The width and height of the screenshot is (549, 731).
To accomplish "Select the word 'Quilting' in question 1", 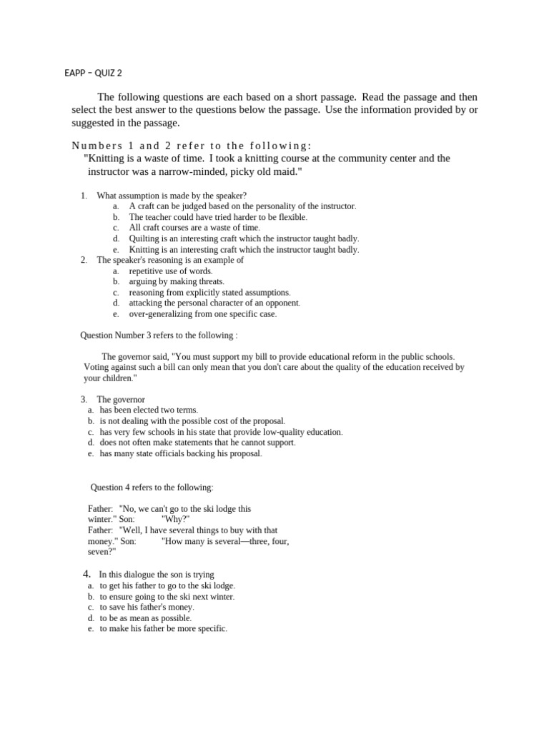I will [x=145, y=238].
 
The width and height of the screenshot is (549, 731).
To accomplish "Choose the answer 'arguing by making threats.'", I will [x=177, y=281].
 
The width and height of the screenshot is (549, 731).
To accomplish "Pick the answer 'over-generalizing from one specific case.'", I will [x=202, y=313].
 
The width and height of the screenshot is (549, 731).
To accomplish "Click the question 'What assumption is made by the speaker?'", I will [x=172, y=195].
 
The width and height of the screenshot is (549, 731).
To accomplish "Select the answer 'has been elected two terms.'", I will [x=149, y=410].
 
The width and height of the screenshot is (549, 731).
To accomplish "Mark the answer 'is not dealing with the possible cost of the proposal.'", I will [x=192, y=421].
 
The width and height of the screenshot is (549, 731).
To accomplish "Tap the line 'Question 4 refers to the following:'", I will [x=152, y=488].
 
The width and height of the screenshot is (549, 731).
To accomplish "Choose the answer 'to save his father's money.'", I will [x=147, y=607].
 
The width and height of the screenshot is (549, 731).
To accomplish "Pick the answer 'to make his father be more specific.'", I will [x=163, y=629].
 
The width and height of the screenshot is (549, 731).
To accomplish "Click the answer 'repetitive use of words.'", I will [x=171, y=271].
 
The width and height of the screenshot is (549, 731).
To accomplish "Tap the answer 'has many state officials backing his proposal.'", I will [x=181, y=453].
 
